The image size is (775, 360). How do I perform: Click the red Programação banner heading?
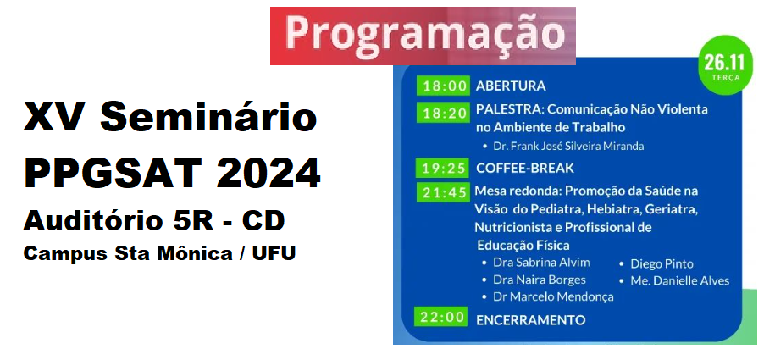423,36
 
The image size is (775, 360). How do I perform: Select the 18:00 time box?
442,86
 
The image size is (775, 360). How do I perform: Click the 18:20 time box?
442,114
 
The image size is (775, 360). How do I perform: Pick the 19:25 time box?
442,168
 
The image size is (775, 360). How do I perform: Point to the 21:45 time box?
442,192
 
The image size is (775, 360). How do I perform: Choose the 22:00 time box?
442,317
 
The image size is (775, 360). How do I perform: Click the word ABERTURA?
511,86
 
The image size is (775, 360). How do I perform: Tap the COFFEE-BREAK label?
525,168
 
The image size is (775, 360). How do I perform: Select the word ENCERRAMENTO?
531,320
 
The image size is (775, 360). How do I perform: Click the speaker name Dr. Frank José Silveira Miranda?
568,147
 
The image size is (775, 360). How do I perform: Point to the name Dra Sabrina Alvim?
541,262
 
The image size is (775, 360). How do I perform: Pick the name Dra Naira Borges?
540,280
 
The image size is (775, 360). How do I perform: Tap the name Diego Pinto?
662,264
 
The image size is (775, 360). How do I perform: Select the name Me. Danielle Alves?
679,281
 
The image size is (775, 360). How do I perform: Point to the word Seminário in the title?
208,116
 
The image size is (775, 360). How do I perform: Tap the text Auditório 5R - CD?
153,220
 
